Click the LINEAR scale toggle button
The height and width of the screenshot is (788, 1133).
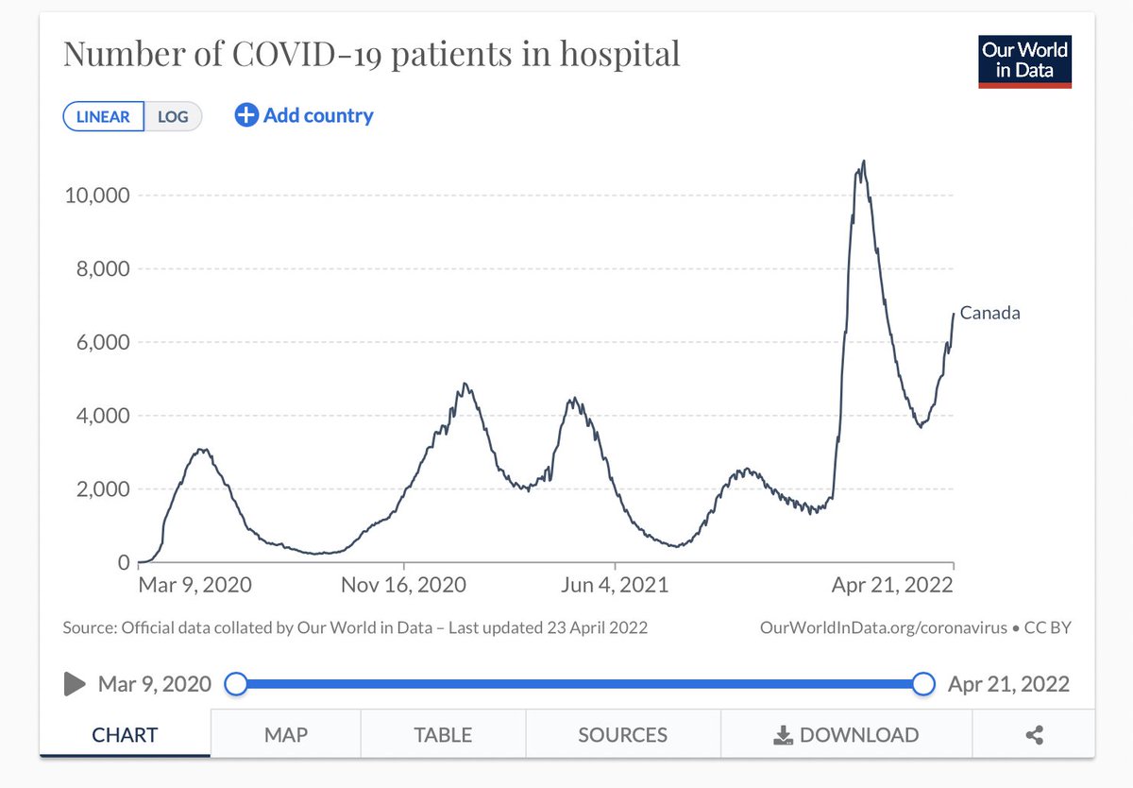point(103,116)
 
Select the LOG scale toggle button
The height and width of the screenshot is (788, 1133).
point(173,116)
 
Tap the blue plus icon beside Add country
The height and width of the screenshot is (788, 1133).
point(246,115)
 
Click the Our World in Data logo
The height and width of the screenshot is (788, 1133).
point(1024,61)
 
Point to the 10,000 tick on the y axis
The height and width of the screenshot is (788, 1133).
point(95,196)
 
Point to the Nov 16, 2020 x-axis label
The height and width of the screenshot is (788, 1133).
point(404,585)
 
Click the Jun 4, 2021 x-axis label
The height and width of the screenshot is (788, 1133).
point(614,585)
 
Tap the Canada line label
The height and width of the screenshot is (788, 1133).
point(989,314)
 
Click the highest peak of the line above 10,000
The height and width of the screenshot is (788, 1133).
point(864,162)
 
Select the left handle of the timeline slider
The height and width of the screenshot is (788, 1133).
point(236,684)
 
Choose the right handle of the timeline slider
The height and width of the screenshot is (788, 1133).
point(924,684)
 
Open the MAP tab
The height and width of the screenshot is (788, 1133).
point(285,734)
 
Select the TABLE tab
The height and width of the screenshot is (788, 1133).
point(443,734)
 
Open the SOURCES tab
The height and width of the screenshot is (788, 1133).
point(622,734)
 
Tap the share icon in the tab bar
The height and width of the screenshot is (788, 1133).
point(1034,734)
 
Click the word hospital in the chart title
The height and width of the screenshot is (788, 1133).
point(618,54)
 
